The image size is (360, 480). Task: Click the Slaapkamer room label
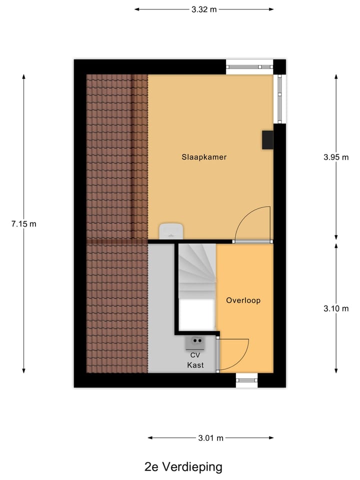point(204,157)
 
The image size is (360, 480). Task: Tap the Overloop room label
point(243,300)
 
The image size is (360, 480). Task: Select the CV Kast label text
point(195,360)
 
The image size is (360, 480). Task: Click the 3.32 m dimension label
point(204,9)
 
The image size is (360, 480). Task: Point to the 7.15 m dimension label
point(23,223)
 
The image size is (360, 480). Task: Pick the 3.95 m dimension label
point(335,157)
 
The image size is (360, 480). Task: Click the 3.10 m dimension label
point(335,308)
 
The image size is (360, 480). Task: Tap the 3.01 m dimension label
point(210,438)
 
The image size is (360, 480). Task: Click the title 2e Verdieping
point(183,467)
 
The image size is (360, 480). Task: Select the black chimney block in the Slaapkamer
point(267,140)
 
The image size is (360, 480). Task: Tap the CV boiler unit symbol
point(195,342)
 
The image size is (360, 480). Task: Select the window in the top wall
point(249,66)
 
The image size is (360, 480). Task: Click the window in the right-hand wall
point(280,98)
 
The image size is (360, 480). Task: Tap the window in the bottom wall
point(247,380)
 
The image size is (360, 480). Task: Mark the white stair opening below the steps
point(197,315)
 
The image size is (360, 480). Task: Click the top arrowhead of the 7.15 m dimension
point(23,76)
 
